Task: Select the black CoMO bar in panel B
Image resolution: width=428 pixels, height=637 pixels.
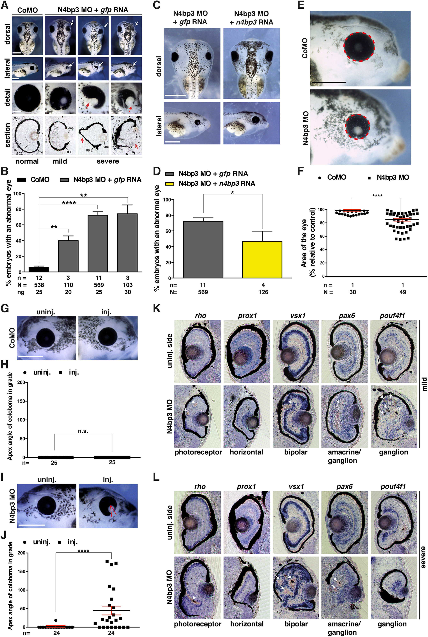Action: point(39,269)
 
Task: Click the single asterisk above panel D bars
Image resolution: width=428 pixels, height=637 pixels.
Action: point(232,193)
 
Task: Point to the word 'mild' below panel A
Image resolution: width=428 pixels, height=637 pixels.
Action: point(60,161)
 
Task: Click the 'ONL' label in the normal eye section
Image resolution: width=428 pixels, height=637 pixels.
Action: point(16,118)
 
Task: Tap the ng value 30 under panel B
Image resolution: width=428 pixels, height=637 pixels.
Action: point(127,292)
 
